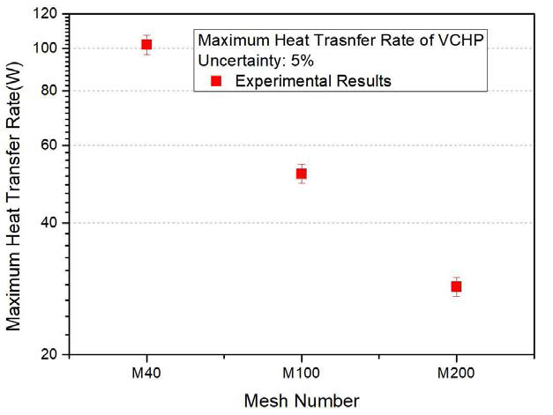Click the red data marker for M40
tap(146, 44)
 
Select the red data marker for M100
tap(301, 174)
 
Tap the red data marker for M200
tap(456, 286)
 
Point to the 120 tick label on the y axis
tap(48, 15)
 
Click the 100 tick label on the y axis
tap(48, 48)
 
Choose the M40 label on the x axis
tap(146, 373)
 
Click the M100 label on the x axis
tap(301, 373)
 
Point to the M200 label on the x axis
tap(456, 373)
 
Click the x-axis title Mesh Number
tap(301, 401)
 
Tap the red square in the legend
tap(216, 81)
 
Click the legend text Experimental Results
tap(310, 81)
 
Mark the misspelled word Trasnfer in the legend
tap(361, 41)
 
